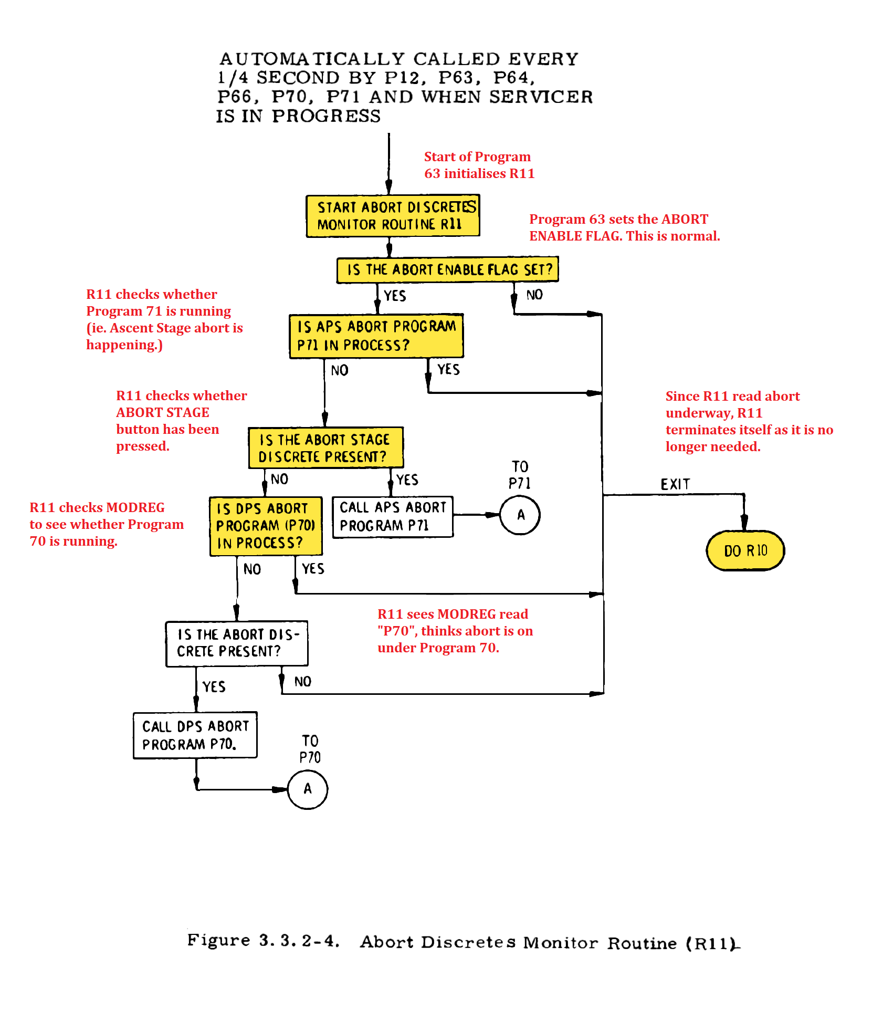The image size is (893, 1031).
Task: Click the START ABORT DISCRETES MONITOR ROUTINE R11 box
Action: coord(393,216)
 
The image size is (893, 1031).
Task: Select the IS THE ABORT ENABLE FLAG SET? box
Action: coord(447,270)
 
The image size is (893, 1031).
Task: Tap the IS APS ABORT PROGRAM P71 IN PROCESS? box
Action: coord(376,336)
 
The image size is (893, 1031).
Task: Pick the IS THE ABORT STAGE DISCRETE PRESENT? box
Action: coord(325,447)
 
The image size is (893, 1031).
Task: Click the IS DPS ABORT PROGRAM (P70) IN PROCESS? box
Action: coord(266,526)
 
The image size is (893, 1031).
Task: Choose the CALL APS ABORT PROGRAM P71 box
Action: coord(393,516)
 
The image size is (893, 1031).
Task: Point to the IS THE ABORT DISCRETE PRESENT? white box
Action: coord(237,643)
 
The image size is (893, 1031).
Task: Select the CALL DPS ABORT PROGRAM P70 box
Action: coord(195,735)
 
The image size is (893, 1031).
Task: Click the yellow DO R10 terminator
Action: coord(745,550)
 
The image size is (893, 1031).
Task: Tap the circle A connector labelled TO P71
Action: coord(520,515)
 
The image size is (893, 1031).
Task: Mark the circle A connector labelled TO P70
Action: coord(308,789)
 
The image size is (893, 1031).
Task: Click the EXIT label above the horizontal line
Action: coord(675,484)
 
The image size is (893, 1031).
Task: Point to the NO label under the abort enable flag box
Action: coord(534,295)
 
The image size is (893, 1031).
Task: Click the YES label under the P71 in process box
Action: coord(448,370)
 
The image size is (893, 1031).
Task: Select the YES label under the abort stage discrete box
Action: coord(407,480)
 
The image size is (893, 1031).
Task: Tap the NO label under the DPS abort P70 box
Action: coord(252,569)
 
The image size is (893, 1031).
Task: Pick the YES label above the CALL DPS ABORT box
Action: coord(214,687)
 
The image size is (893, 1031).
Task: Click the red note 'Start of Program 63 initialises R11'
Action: coord(479,165)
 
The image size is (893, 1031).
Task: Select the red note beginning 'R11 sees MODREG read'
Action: coord(455,631)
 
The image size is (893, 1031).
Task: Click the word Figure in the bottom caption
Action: coord(218,940)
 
